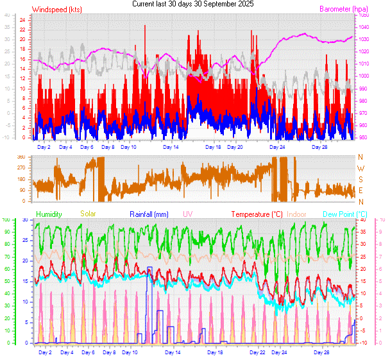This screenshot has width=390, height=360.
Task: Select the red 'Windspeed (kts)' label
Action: click(56, 10)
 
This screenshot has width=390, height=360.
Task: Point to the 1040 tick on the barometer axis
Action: click(363, 28)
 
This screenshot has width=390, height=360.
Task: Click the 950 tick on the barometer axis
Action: click(363, 137)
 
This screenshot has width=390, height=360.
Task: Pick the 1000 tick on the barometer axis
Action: click(363, 76)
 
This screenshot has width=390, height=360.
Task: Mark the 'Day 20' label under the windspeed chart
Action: click(235, 147)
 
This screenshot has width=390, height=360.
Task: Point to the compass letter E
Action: click(360, 191)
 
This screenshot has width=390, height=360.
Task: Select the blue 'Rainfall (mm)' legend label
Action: click(149, 214)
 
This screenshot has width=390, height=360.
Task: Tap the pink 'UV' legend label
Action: click(187, 214)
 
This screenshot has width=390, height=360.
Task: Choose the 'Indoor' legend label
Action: click(297, 214)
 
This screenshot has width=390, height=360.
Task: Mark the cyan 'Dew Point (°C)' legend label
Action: click(344, 214)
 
